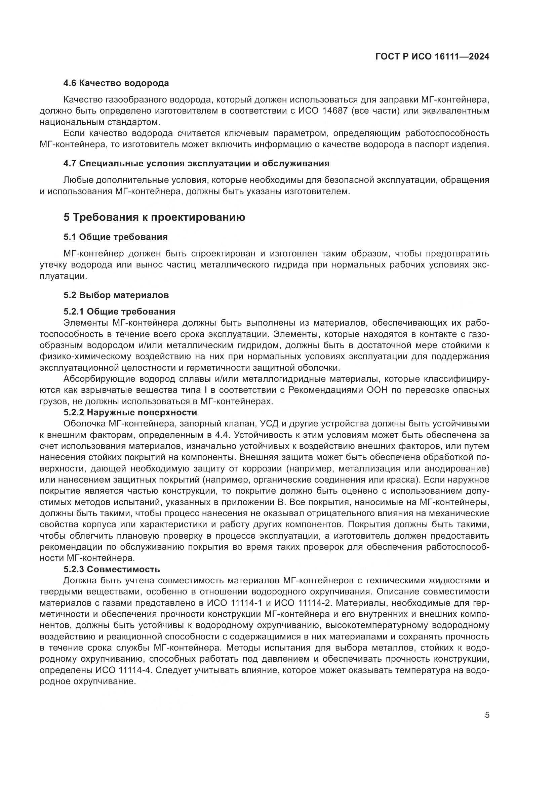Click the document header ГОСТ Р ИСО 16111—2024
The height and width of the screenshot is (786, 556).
click(432, 57)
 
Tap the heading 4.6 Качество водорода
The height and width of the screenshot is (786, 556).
click(116, 83)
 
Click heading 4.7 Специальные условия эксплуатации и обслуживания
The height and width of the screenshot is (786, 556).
click(196, 164)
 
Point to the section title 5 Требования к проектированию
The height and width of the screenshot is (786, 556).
click(154, 217)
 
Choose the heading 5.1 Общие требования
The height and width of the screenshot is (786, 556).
click(115, 237)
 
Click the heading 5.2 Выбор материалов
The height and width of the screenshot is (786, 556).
click(116, 295)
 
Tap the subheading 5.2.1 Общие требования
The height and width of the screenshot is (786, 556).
click(119, 312)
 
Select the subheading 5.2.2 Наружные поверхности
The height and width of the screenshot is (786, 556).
click(130, 412)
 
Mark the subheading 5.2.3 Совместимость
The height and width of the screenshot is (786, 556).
click(112, 569)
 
